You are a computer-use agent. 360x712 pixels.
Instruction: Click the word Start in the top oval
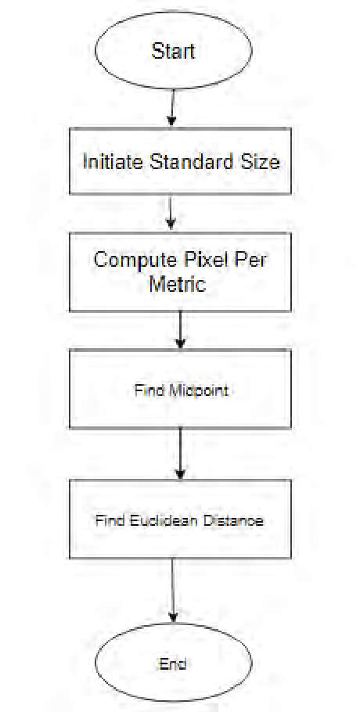(x=173, y=52)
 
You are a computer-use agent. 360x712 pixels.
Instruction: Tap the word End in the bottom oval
(x=173, y=663)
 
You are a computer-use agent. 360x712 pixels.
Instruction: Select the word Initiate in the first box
(x=113, y=162)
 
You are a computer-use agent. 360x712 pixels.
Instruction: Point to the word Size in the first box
(x=261, y=162)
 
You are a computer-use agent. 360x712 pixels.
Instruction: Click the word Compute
(x=129, y=259)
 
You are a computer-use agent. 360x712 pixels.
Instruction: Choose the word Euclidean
(x=159, y=520)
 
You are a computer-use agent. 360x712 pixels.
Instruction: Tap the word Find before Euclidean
(x=110, y=520)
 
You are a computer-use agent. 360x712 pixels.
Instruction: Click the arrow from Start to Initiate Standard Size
(x=171, y=109)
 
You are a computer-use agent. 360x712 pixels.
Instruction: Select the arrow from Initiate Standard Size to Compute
(x=172, y=212)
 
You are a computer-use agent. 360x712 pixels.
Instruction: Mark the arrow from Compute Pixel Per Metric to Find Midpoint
(x=181, y=329)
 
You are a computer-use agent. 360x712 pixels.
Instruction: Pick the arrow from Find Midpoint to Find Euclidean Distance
(x=181, y=453)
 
